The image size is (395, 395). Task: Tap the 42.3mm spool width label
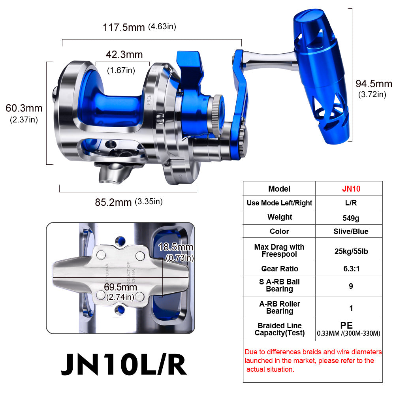[124, 55]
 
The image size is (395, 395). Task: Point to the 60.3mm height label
[24, 108]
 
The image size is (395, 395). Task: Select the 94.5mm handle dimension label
[373, 84]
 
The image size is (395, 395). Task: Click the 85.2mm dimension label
[113, 202]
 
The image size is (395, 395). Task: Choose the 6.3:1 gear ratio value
[349, 269]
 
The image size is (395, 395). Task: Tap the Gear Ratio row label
[279, 269]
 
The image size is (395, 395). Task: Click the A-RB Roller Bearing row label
[279, 307]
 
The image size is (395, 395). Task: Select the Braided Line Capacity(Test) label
[279, 329]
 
